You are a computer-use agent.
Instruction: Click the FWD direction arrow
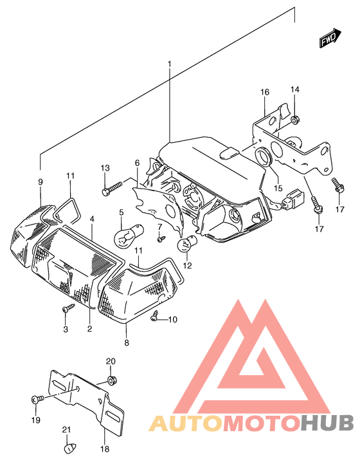click(330, 37)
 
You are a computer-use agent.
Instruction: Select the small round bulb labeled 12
click(187, 243)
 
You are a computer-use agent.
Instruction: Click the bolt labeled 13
click(112, 188)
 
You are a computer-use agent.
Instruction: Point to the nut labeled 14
click(294, 120)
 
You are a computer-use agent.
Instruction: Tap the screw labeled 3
click(68, 308)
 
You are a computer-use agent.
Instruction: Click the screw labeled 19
click(37, 399)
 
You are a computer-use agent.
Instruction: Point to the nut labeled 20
click(111, 380)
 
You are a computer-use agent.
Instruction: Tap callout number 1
click(169, 64)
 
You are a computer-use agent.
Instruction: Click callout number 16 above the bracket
click(265, 92)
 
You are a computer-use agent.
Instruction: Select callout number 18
click(105, 449)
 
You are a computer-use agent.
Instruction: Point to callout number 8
click(127, 343)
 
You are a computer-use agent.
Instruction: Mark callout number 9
click(40, 182)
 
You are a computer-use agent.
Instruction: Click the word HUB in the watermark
click(327, 423)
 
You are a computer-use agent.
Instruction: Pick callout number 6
click(137, 163)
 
